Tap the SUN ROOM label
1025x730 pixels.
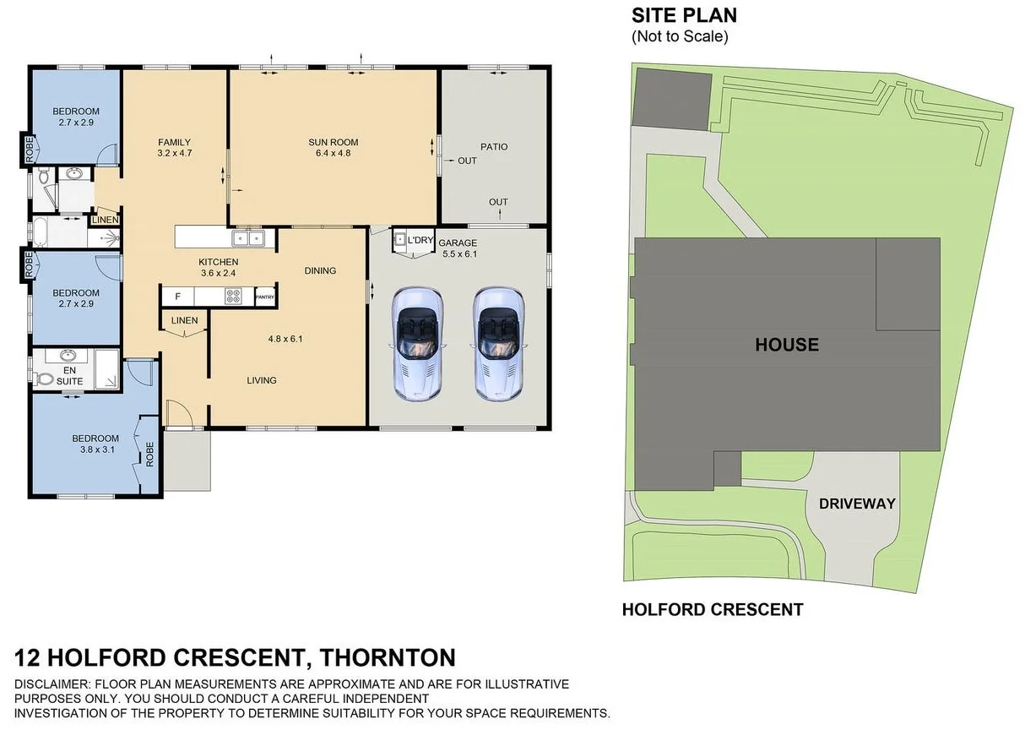pyautogui.click(x=334, y=142)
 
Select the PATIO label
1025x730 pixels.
pyautogui.click(x=494, y=147)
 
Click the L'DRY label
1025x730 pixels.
pyautogui.click(x=420, y=241)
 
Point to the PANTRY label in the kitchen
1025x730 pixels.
pyautogui.click(x=265, y=297)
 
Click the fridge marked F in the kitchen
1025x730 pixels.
pyautogui.click(x=177, y=297)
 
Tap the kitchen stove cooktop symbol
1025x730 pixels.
pyautogui.click(x=233, y=297)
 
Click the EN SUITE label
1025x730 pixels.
pyautogui.click(x=70, y=376)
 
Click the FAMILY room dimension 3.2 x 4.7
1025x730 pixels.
pyautogui.click(x=175, y=154)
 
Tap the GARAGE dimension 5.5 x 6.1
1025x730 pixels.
pyautogui.click(x=458, y=253)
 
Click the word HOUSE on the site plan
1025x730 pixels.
pyautogui.click(x=786, y=345)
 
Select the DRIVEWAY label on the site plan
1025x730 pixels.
pyautogui.click(x=856, y=504)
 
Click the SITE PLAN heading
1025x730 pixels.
pyautogui.click(x=684, y=15)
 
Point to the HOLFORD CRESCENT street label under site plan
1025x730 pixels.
pyautogui.click(x=712, y=609)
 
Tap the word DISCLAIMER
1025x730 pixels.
pyautogui.click(x=52, y=684)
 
